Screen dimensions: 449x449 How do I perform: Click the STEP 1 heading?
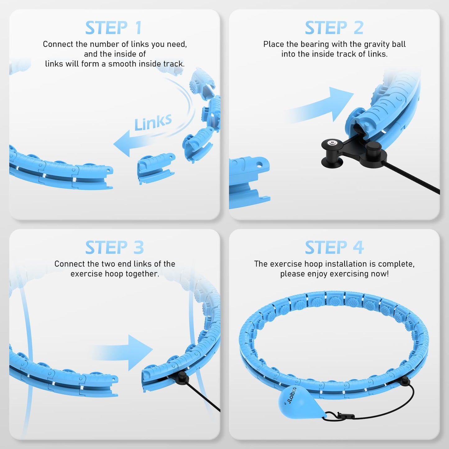pyautogui.click(x=114, y=28)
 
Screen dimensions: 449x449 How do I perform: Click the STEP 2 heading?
pyautogui.click(x=334, y=28)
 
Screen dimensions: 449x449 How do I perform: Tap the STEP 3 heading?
pyautogui.click(x=114, y=248)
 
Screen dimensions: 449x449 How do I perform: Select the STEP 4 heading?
pyautogui.click(x=334, y=248)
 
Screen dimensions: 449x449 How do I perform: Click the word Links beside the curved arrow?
pyautogui.click(x=153, y=122)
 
